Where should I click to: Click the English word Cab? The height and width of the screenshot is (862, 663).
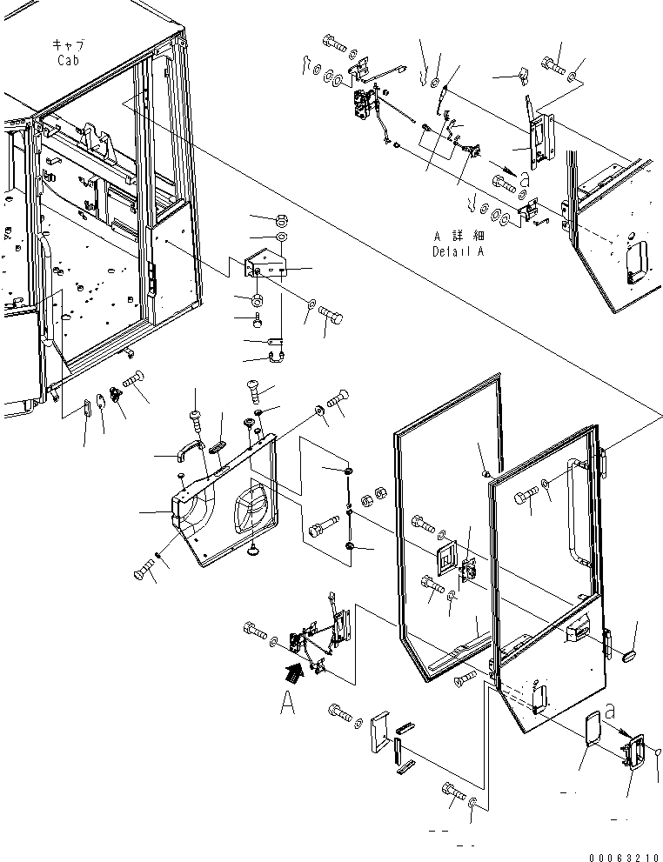tap(69, 60)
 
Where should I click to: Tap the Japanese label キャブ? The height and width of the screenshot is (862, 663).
tap(68, 44)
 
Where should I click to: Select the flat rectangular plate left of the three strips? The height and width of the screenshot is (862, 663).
tap(380, 734)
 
